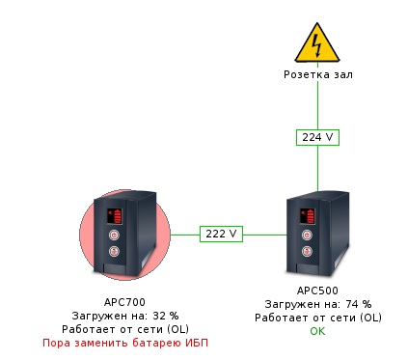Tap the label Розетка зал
(318, 74)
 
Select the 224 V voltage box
(317, 137)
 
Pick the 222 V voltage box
(221, 234)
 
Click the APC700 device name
(124, 302)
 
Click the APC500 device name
(317, 291)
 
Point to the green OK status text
(317, 331)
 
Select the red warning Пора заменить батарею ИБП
(125, 343)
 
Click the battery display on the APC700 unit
(115, 216)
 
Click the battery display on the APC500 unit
(308, 216)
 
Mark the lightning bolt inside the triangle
(317, 45)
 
